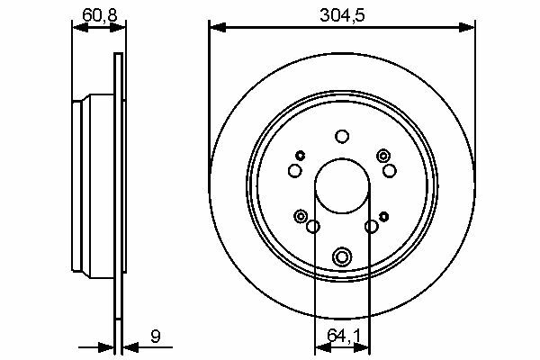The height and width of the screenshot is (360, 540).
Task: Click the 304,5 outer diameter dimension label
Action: (x=342, y=15)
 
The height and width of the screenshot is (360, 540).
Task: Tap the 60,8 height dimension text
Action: (x=100, y=15)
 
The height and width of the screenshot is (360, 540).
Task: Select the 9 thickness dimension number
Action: (x=156, y=336)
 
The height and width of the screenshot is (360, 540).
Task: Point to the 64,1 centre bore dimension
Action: (x=343, y=336)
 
